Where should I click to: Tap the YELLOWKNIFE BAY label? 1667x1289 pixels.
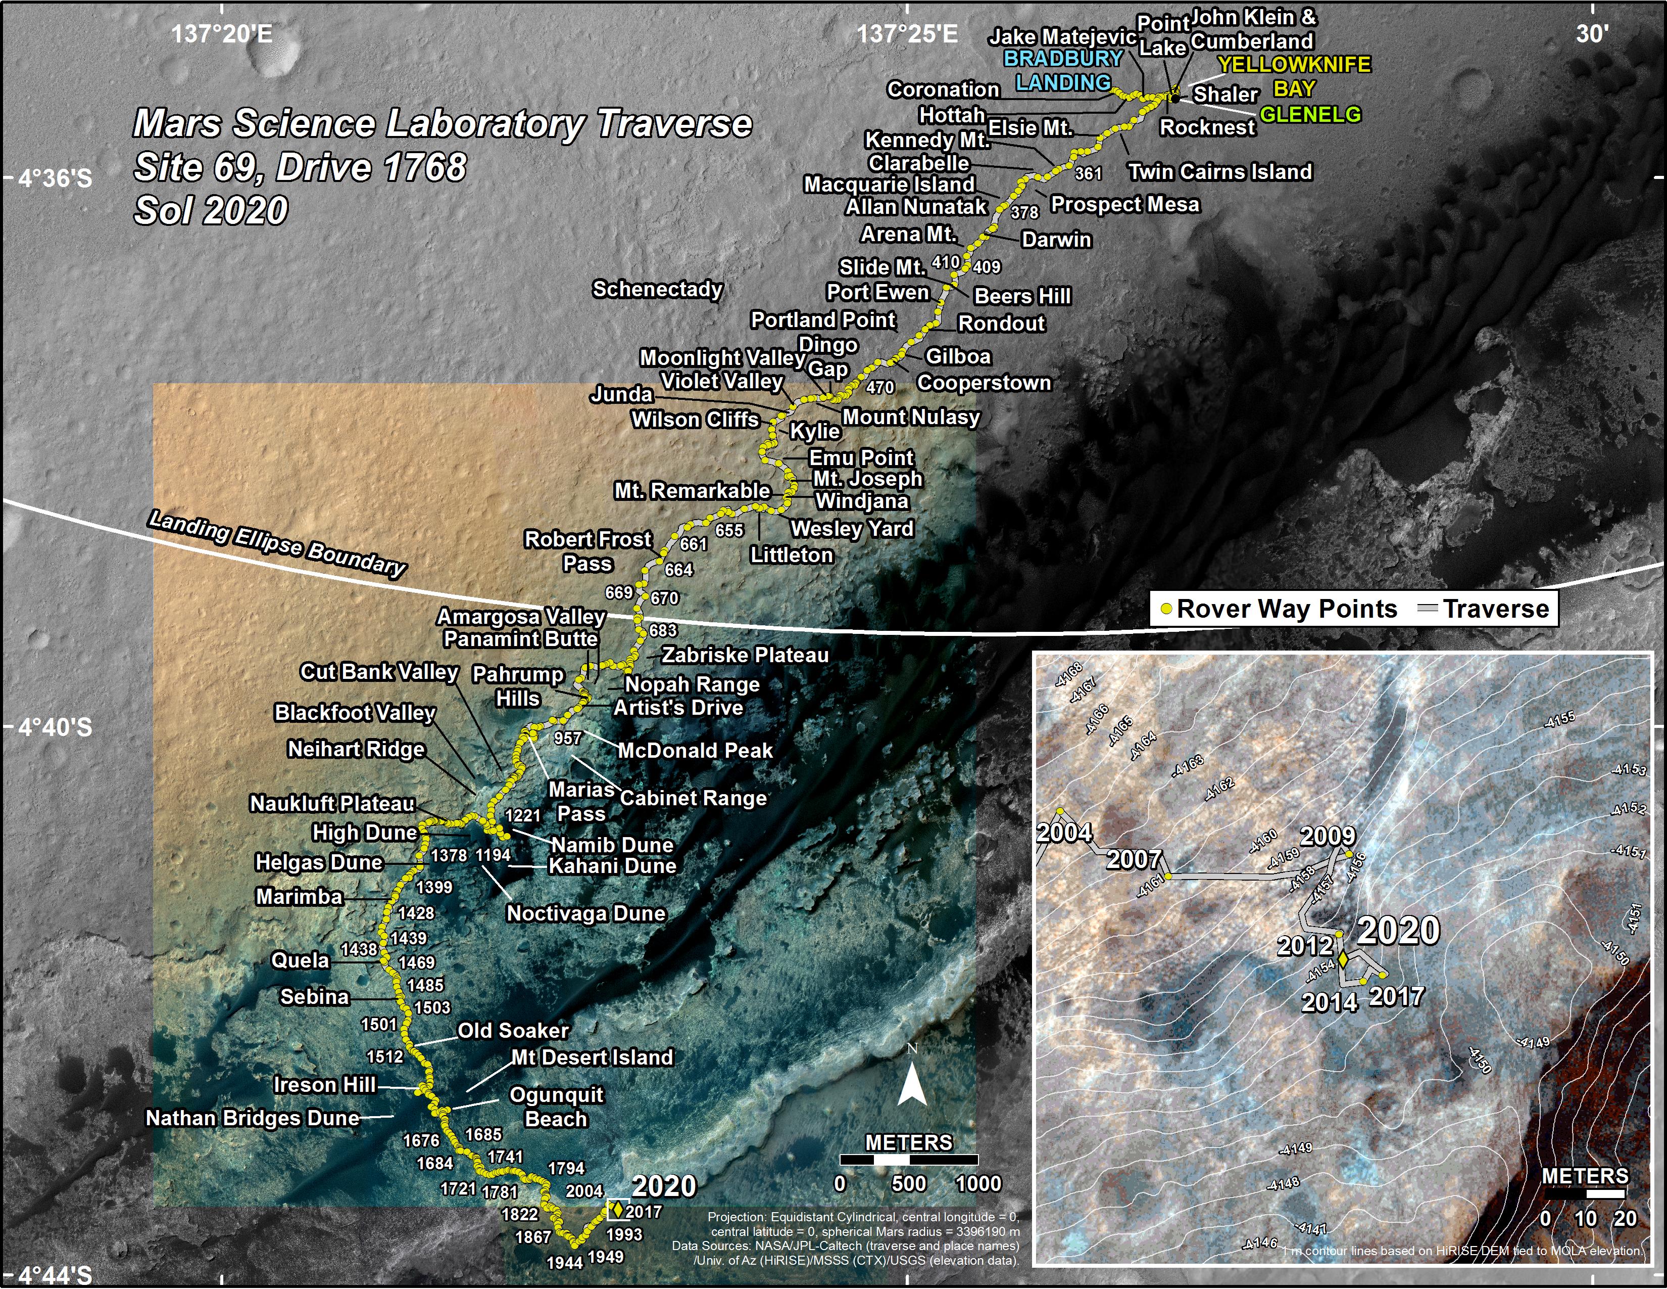pos(1294,76)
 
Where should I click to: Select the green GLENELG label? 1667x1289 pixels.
pos(1310,115)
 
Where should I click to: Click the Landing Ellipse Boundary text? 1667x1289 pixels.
pos(277,543)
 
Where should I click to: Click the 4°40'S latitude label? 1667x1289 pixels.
pos(55,727)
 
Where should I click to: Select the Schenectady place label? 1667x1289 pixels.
pos(657,290)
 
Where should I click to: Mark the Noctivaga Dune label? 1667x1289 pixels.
pos(586,913)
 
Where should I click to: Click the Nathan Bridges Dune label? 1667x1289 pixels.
pos(253,1118)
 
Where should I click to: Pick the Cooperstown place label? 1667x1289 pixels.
pos(984,383)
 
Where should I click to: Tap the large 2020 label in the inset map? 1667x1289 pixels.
pos(1398,931)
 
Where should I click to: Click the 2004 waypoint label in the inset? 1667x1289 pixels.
pos(1064,833)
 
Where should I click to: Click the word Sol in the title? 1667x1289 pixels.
pos(160,211)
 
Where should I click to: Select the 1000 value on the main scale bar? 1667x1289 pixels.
pos(978,1184)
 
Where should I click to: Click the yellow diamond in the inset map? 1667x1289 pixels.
pos(1343,958)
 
